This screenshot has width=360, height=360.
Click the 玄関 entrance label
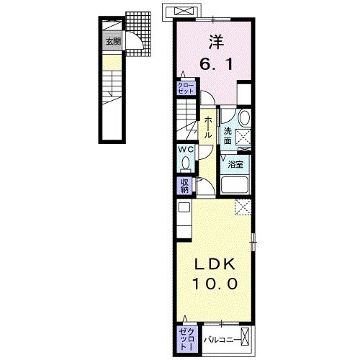click(112, 42)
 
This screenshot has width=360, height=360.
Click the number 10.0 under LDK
click(213, 284)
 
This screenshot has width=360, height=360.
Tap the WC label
click(186, 149)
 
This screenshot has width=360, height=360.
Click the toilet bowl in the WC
click(186, 162)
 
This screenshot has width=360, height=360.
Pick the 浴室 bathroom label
click(235, 165)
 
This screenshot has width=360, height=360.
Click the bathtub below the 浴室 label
click(235, 185)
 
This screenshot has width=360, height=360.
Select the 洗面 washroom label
click(227, 136)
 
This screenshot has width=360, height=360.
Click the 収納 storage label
click(185, 186)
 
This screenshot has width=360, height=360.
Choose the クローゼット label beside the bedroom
click(186, 89)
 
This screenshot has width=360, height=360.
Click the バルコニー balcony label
click(220, 337)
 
